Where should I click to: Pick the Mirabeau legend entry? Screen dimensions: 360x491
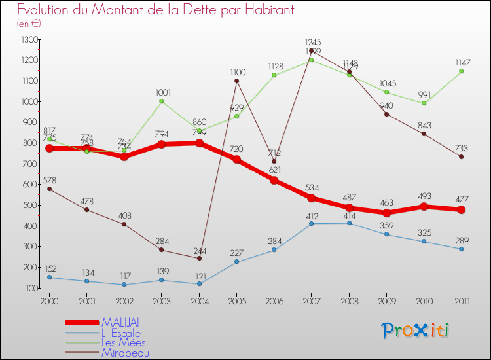(126, 353)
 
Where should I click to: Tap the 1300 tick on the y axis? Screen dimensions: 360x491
(29, 39)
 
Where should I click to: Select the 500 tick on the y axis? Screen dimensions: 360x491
(29, 205)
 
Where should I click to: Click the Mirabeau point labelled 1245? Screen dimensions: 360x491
(311, 51)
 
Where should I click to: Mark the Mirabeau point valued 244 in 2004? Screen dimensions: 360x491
(199, 258)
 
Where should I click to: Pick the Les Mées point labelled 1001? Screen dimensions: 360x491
(162, 101)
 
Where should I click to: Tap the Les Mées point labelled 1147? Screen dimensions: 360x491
(461, 71)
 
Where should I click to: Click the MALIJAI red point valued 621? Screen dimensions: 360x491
(274, 180)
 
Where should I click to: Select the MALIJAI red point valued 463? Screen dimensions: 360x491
(386, 213)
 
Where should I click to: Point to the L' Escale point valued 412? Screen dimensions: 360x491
(311, 223)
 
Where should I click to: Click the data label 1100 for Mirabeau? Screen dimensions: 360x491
(237, 72)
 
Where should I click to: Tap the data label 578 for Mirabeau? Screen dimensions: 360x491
(50, 180)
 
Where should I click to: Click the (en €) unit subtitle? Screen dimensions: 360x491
(29, 24)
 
